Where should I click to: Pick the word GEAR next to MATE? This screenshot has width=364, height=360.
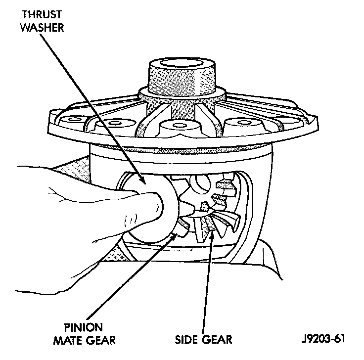point(103,340)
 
